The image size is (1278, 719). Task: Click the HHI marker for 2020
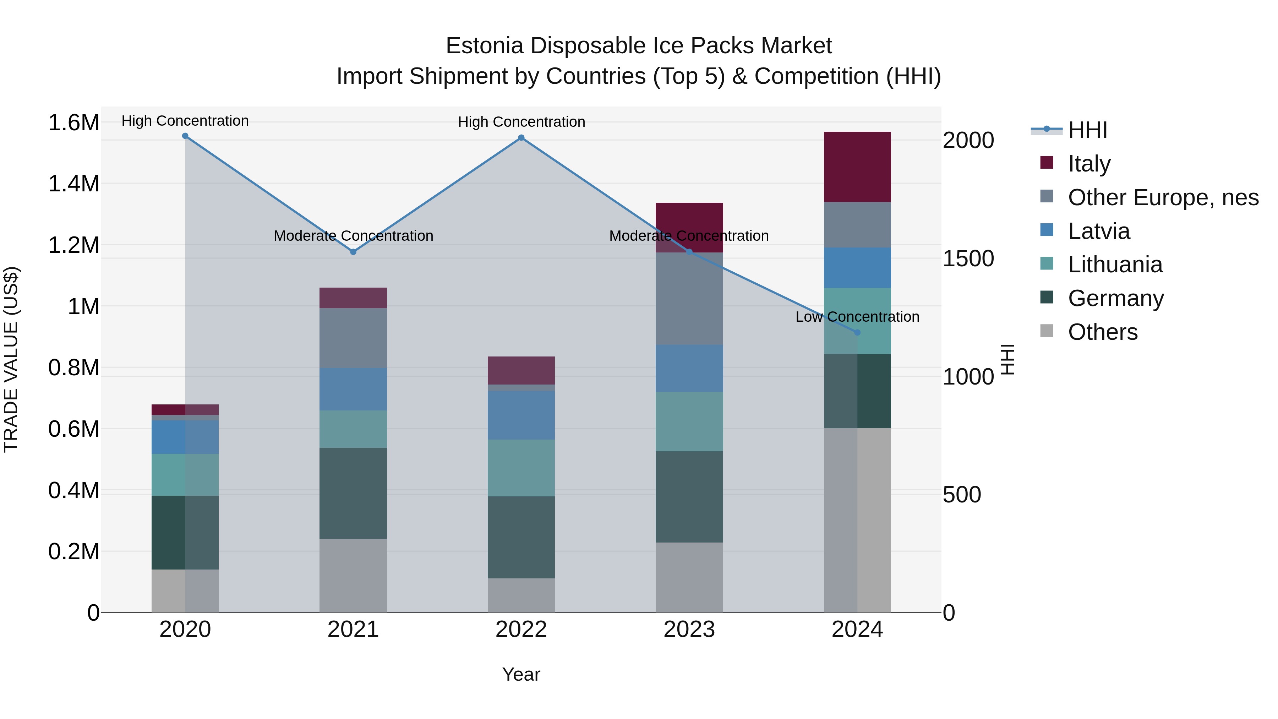(185, 136)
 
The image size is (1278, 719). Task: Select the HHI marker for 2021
(353, 252)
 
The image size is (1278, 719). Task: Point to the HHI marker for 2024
(857, 332)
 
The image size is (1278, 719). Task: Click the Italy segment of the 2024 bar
(857, 167)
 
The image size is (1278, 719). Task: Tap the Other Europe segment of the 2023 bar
(689, 299)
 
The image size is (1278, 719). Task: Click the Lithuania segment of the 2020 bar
(185, 474)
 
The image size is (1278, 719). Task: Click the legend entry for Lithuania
(1115, 265)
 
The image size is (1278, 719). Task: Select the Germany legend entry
(1115, 298)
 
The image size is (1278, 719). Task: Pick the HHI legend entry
(1087, 130)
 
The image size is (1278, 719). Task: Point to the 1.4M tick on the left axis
(73, 184)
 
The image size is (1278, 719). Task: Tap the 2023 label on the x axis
(689, 630)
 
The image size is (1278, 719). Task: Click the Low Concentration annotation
(857, 317)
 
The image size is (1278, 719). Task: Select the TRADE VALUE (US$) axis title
(11, 359)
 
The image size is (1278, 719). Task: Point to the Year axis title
(521, 674)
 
